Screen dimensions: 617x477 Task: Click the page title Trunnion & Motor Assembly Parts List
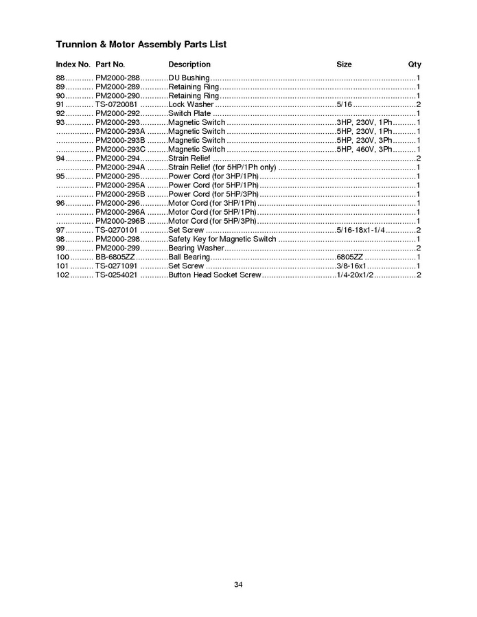pyautogui.click(x=141, y=45)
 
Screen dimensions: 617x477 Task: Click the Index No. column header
pyautogui.click(x=73, y=65)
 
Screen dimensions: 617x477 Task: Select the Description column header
pyautogui.click(x=189, y=65)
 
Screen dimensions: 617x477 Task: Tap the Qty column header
pyautogui.click(x=415, y=65)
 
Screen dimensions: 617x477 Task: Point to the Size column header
pyautogui.click(x=344, y=65)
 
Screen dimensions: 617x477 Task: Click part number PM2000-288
pyautogui.click(x=117, y=78)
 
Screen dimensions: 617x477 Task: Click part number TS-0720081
pyautogui.click(x=117, y=105)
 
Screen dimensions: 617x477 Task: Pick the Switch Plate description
pyautogui.click(x=189, y=114)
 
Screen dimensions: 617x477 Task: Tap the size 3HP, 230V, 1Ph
pyautogui.click(x=364, y=123)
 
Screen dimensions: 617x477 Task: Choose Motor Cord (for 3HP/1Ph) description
pyautogui.click(x=212, y=203)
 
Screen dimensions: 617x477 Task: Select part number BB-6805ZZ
pyautogui.click(x=115, y=257)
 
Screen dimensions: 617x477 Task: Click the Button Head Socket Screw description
pyautogui.click(x=215, y=275)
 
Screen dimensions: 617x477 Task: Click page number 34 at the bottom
pyautogui.click(x=238, y=585)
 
